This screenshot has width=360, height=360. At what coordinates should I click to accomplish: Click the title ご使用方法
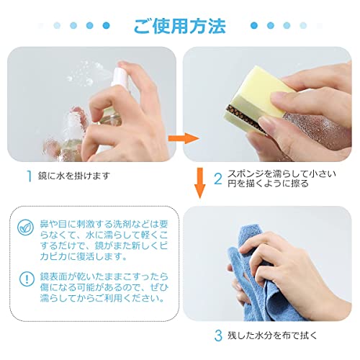[x=180, y=26]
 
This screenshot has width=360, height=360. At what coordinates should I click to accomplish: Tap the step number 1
[x=29, y=176]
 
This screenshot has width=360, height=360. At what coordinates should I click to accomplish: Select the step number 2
[x=218, y=179]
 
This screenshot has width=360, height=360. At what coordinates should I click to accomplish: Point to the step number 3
[x=218, y=336]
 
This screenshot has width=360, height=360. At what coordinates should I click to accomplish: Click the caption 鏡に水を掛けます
[x=74, y=176]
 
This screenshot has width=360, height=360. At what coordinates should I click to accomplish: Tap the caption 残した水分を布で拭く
[x=272, y=336]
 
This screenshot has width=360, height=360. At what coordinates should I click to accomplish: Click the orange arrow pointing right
[x=184, y=138]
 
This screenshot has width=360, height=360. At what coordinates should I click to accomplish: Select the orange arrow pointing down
[x=199, y=183]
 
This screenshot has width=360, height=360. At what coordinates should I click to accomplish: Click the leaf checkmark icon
[x=25, y=227]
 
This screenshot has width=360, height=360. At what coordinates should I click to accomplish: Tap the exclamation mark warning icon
[x=27, y=279]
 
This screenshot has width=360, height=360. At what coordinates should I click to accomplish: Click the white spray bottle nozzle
[x=120, y=76]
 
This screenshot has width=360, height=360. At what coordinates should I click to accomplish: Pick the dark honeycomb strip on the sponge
[x=243, y=117]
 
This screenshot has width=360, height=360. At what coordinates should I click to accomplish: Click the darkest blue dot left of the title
[x=106, y=25]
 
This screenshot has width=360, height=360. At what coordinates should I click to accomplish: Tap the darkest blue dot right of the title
[x=254, y=25]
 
